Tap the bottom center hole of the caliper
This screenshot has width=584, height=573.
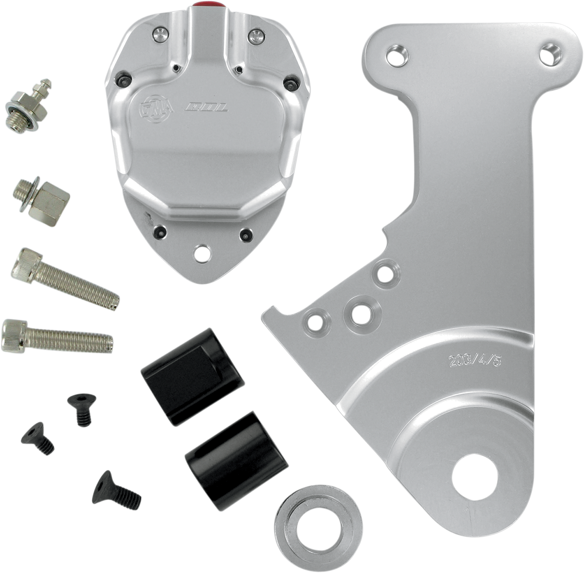click(200, 253)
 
